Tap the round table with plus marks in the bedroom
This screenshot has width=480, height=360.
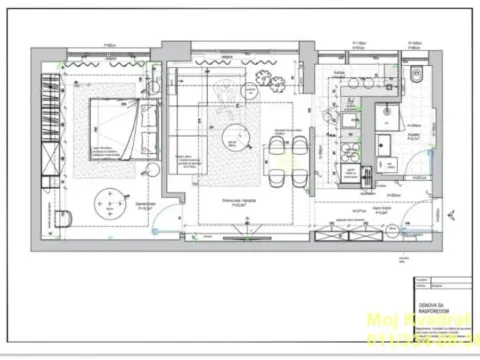coord(107,205)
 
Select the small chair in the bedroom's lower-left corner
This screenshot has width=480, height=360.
coord(62,218)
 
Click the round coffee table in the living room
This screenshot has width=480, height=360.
coord(236,132)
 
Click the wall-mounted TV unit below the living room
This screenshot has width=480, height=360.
coord(240,237)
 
